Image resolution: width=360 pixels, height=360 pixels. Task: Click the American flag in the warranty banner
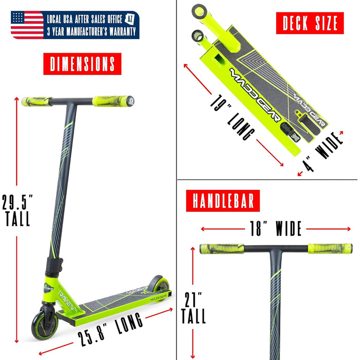click(x=27, y=25)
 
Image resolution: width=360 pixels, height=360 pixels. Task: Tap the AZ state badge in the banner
click(x=130, y=19)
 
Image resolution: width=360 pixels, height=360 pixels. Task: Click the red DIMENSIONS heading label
click(x=82, y=64)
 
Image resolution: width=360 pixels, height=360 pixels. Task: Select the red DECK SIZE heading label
click(x=310, y=23)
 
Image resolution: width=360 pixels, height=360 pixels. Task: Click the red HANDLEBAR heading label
click(x=223, y=201)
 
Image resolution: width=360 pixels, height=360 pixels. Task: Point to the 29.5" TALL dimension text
click(x=17, y=210)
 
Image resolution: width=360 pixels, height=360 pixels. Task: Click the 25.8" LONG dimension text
click(x=111, y=329)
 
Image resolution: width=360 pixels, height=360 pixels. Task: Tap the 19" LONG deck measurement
click(x=232, y=117)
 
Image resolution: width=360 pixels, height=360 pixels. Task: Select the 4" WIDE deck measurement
click(x=322, y=152)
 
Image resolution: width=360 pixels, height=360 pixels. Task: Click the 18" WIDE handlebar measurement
click(x=276, y=228)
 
